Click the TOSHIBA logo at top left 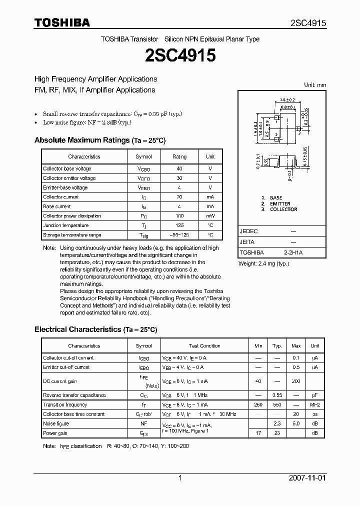(61, 22)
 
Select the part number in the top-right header (308, 23)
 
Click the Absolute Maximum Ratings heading (81, 140)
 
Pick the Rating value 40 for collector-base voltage (179, 169)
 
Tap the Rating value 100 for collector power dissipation (179, 216)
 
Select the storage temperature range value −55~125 (179, 235)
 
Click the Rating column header (179, 157)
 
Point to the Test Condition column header (204, 346)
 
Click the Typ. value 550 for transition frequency (277, 405)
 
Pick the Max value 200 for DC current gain (296, 381)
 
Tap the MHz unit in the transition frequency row (315, 405)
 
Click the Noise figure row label (55, 424)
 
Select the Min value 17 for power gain (258, 433)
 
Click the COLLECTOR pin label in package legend (283, 209)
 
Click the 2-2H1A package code (293, 253)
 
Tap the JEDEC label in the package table (248, 231)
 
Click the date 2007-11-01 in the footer (307, 478)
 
